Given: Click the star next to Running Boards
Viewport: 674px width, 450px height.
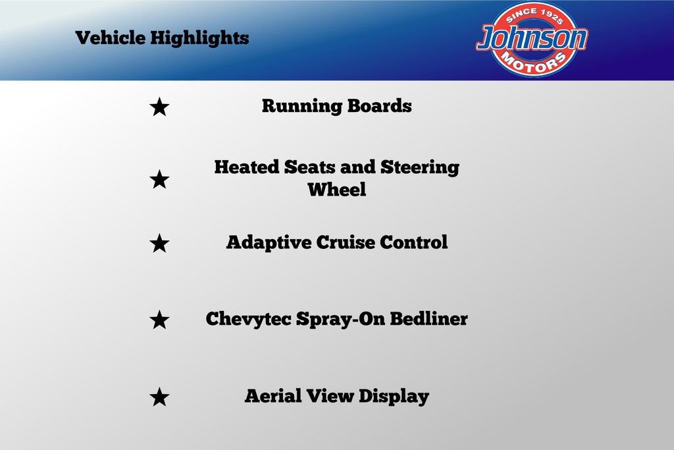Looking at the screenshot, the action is click(159, 107).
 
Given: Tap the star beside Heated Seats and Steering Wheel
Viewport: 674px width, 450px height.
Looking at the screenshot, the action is click(159, 179).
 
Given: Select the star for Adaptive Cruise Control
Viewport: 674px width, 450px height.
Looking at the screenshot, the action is click(159, 243).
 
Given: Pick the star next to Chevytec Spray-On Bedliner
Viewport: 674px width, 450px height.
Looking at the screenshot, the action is click(159, 320).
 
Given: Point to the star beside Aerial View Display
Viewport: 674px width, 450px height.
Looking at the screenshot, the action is click(159, 397).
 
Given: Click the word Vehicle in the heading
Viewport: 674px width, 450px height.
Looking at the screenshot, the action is click(111, 38).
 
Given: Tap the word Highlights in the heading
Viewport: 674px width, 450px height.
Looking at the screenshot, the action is click(199, 38).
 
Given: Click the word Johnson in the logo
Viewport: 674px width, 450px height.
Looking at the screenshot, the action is click(532, 38).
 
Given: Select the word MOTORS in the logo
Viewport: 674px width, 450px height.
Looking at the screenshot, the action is click(533, 63).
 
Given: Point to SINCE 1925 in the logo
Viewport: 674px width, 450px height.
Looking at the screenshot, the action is click(534, 16).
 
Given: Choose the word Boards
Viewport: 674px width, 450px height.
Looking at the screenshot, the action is click(380, 106).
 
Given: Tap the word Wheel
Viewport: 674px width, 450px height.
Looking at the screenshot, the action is click(337, 189).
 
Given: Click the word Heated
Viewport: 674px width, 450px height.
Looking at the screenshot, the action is click(247, 167).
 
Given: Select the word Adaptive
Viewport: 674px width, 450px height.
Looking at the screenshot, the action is click(269, 242).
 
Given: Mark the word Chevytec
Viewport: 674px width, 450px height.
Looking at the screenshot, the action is click(248, 320).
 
